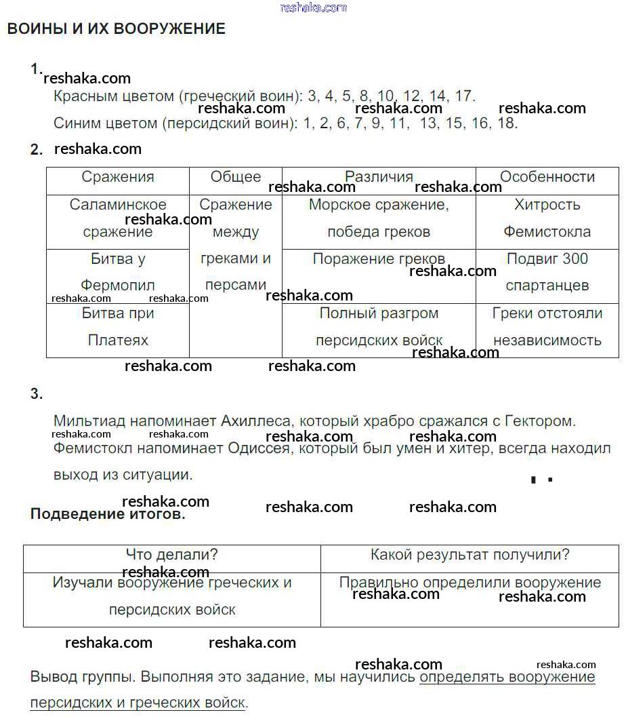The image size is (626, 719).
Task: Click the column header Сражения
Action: tap(118, 177)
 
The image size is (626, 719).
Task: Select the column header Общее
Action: tap(236, 177)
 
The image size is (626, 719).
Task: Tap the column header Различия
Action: tap(379, 177)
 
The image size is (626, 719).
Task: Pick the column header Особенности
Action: tap(547, 177)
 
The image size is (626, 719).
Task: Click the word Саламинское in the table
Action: tap(118, 204)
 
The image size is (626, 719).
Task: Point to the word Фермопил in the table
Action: tap(118, 286)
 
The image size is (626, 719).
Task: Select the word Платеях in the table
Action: tap(118, 340)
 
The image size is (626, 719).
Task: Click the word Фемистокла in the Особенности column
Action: tap(547, 231)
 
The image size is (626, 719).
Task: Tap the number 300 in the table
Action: tap(575, 258)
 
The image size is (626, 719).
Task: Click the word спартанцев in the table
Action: tap(547, 286)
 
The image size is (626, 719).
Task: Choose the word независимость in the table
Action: tap(547, 340)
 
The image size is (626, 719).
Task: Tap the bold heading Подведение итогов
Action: tap(108, 515)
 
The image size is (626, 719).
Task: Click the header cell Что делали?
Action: tap(172, 555)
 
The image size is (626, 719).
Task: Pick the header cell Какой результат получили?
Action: tap(469, 555)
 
